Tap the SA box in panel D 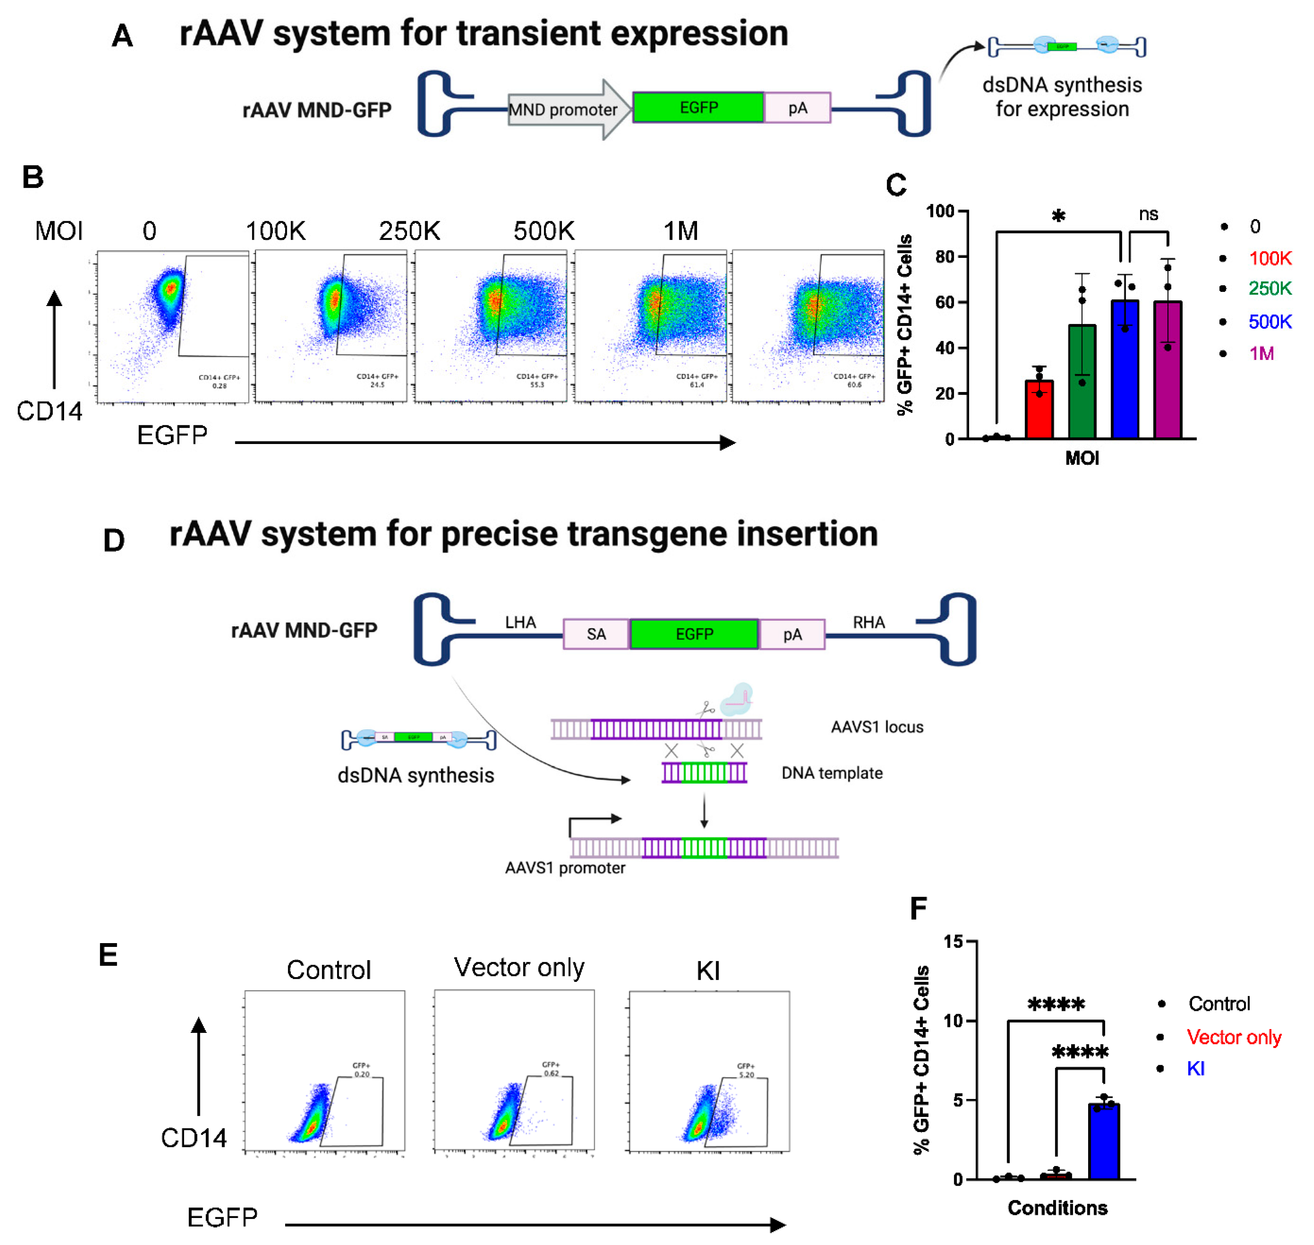pos(596,634)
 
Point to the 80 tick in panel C pos(945,257)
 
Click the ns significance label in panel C pos(1148,214)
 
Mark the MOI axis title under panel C pos(1082,458)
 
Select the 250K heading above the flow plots pos(409,231)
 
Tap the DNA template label pos(832,773)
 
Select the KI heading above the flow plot pos(708,971)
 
